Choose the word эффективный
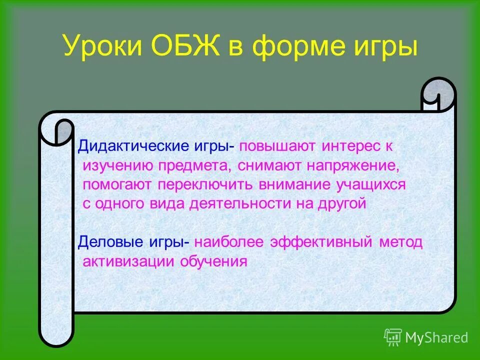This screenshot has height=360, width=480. point(321,242)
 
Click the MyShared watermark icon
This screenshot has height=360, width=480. point(393,337)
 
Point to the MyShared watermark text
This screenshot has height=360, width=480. point(436,338)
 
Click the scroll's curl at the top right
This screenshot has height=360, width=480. point(438,95)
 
